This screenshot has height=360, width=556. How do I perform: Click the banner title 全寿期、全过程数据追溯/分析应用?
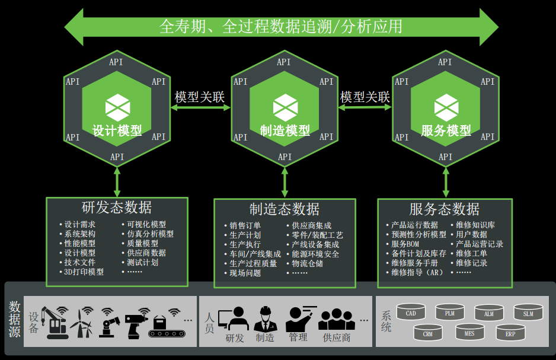tap(281, 26)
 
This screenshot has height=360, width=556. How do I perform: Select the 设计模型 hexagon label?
tap(117, 130)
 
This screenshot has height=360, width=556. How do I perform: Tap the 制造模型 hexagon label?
tap(285, 130)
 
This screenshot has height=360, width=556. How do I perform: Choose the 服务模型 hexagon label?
tap(446, 130)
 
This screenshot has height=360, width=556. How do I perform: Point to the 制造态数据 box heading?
tap(285, 209)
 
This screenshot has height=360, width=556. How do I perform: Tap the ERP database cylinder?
tap(510, 334)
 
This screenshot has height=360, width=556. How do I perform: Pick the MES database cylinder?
tap(469, 333)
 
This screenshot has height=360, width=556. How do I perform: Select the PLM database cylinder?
tap(449, 313)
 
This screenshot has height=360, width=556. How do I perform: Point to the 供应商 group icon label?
tap(337, 337)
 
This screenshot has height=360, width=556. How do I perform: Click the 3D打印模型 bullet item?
tap(84, 272)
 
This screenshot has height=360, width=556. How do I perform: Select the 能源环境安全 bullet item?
tap(315, 254)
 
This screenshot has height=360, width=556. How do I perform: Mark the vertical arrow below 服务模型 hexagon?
tap(446, 181)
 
